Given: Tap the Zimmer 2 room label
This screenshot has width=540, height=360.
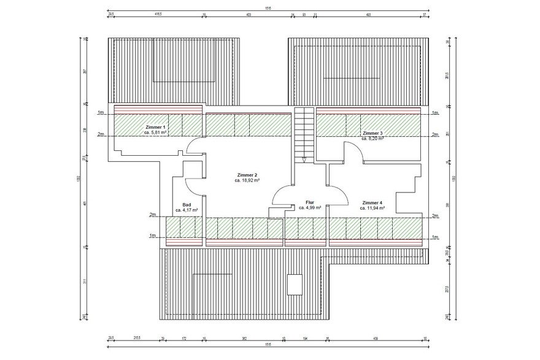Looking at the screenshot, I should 247,175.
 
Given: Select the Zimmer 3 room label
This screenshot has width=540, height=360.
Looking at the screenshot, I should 372,133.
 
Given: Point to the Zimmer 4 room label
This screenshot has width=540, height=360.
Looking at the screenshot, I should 372,202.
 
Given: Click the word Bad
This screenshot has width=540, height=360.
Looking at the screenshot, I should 187,205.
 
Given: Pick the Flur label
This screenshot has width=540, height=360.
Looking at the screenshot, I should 310,202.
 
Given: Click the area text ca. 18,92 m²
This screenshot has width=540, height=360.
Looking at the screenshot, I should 247,181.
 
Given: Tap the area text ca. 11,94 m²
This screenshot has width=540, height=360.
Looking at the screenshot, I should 372,209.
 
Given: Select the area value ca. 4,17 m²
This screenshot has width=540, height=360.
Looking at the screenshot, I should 187,210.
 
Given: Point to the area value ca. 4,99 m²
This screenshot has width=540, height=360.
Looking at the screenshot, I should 310,208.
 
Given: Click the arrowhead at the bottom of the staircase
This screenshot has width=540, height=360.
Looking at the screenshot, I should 304,160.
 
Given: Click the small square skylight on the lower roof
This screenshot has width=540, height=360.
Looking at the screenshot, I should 295,284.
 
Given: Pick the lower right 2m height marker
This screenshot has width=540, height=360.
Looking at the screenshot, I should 435,216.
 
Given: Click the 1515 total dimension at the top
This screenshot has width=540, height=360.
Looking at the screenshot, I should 268,8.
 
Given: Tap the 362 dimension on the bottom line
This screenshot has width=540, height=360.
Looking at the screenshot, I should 244,337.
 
